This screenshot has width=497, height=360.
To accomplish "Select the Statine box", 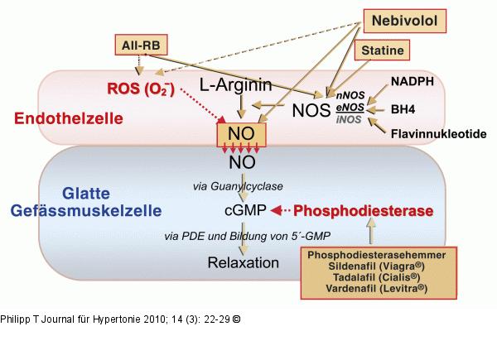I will coord(381,51).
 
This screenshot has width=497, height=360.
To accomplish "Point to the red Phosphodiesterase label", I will coord(364,212).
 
